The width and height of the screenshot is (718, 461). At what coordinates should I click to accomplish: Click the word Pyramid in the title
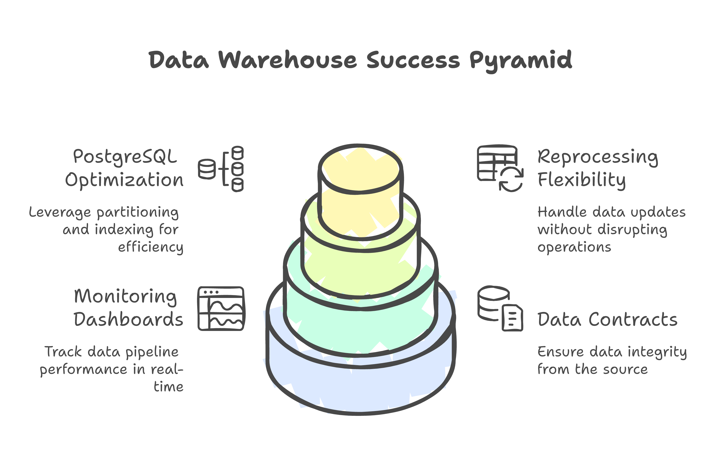click(x=521, y=60)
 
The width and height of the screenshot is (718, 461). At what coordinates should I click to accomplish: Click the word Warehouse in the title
click(x=287, y=60)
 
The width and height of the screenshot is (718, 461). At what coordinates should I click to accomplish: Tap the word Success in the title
click(x=413, y=60)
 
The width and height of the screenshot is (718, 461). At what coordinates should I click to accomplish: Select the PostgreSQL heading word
click(x=125, y=156)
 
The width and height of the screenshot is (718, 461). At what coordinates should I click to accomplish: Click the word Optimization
click(x=124, y=180)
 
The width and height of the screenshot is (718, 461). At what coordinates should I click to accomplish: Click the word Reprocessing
click(x=598, y=156)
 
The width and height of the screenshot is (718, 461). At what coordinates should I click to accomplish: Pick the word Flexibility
click(x=581, y=180)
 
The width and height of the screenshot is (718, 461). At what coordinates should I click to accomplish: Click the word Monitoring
click(x=125, y=296)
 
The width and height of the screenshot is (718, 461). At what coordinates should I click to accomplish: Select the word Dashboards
click(x=128, y=319)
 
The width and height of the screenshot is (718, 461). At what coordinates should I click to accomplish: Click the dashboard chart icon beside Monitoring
click(x=221, y=309)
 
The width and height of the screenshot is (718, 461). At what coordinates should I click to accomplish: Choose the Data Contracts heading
click(x=607, y=319)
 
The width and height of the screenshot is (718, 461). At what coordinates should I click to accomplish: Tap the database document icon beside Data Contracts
click(x=500, y=308)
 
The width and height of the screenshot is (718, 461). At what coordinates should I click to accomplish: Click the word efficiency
click(x=151, y=247)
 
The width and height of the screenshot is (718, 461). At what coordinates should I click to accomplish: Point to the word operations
click(x=574, y=247)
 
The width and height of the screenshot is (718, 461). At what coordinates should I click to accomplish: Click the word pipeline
click(x=152, y=352)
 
